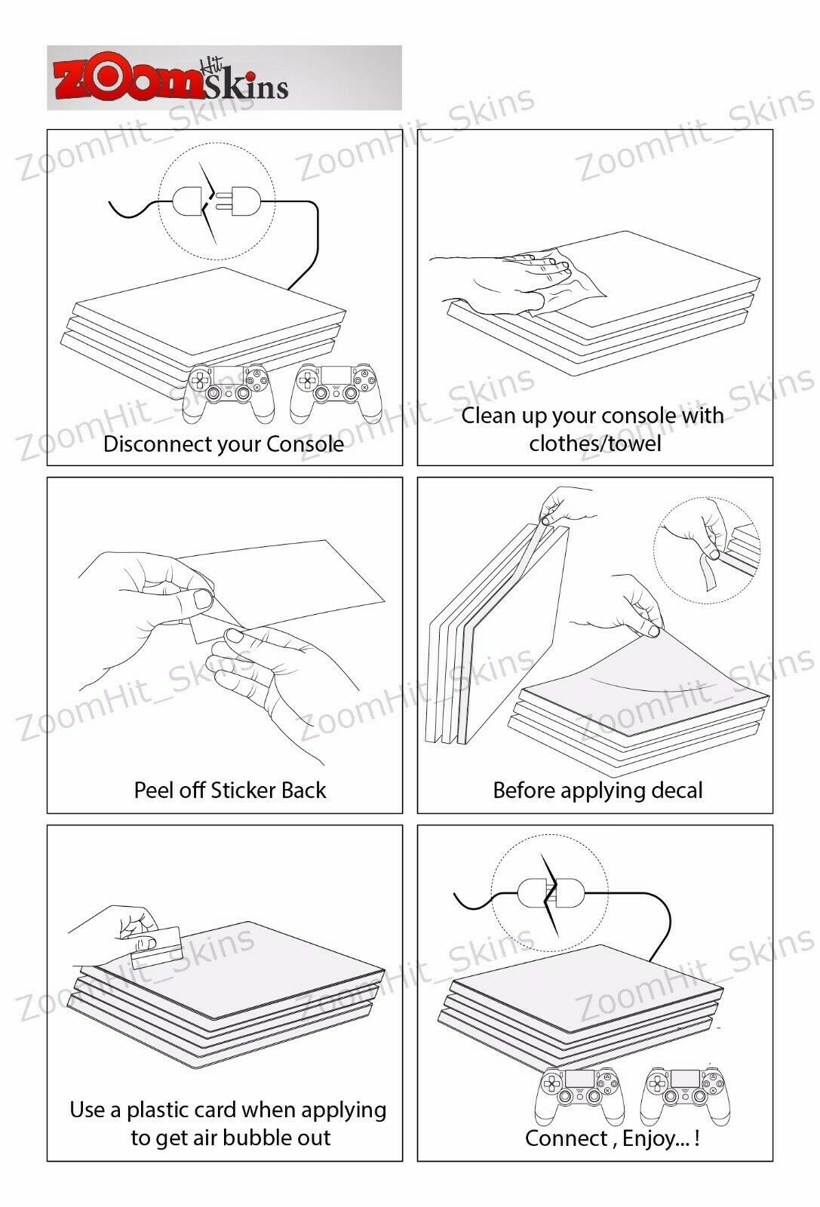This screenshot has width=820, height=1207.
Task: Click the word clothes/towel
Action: point(594,444)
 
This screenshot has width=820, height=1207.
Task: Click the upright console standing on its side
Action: point(496,636)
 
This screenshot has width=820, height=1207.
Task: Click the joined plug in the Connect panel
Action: point(551,893)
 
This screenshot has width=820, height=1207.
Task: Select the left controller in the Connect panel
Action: point(579,1095)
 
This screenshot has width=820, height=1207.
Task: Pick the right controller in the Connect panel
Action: point(685,1095)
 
